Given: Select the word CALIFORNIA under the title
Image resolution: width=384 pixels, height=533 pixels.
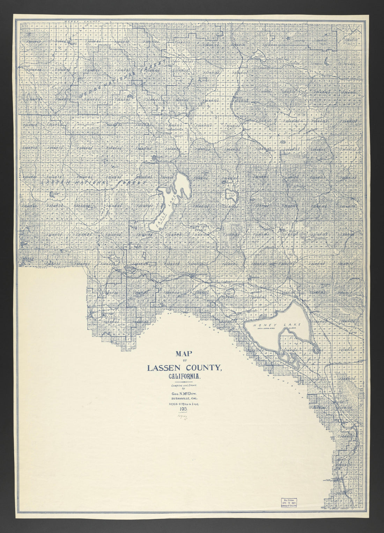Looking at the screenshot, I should (184, 377).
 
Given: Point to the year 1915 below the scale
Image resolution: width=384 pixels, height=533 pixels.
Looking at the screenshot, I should (184, 409).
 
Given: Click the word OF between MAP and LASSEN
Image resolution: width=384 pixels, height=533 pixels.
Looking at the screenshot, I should (184, 360).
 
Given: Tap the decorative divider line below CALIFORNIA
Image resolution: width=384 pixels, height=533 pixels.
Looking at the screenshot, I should (184, 382).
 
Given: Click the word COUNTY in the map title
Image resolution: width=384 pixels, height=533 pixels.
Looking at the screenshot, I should (202, 368).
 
